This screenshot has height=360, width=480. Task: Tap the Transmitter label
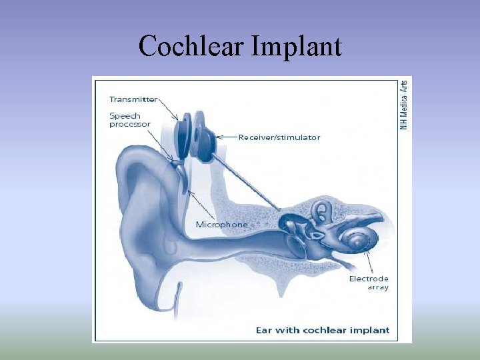(x=133, y=99)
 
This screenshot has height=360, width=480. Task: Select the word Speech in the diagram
(x=125, y=115)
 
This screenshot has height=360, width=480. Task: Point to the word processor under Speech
(x=130, y=124)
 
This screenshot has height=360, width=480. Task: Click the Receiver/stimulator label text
(x=279, y=137)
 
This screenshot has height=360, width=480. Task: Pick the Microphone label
(x=221, y=225)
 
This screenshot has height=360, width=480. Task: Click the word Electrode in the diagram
(x=369, y=279)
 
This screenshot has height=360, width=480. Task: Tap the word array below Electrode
(x=377, y=287)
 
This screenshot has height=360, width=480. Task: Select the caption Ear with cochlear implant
(x=323, y=330)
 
